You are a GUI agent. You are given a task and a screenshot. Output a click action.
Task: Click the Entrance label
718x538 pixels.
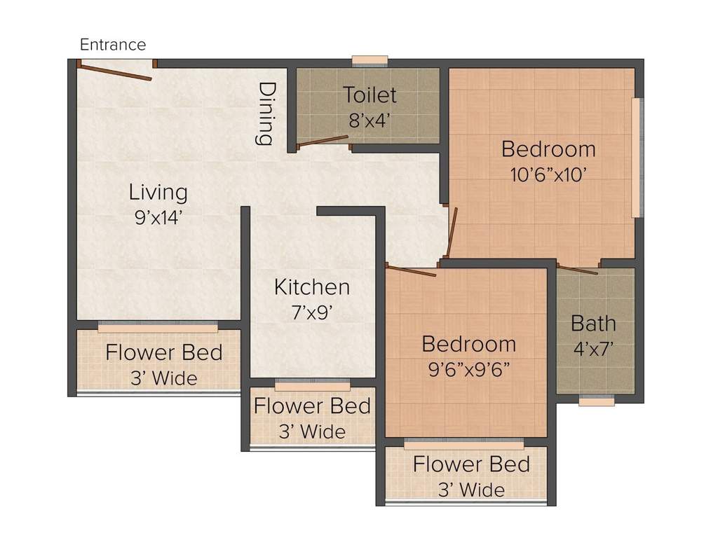coord(113,45)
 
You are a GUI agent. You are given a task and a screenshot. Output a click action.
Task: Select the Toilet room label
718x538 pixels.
coord(370,95)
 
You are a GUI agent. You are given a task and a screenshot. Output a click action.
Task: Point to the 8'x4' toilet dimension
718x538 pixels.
coord(370,120)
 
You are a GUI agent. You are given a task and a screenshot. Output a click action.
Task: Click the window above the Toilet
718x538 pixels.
coord(370,61)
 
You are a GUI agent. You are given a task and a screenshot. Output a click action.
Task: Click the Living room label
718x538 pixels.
coord(158,192)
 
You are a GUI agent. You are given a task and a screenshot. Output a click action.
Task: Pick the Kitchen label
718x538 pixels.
coord(311,287)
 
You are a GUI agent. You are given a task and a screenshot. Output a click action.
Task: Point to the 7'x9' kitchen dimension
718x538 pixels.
coord(312,312)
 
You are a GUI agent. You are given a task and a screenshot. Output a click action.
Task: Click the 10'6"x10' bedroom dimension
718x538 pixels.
coord(548,174)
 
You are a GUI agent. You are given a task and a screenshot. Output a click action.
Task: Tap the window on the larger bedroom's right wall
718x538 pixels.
coord(637,158)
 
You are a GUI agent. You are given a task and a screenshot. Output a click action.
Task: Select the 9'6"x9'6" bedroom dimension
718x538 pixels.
coord(468,369)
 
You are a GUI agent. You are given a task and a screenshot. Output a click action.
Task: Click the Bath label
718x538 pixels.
coord(593,323)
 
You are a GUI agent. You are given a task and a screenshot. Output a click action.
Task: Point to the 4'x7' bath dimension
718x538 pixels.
coord(593,348)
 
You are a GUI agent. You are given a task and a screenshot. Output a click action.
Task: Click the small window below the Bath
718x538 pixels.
coord(597,401)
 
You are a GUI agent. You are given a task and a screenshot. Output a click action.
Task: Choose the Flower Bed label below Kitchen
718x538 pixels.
coord(312,406)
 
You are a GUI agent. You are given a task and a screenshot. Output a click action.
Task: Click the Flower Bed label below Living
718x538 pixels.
coord(163,352)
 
